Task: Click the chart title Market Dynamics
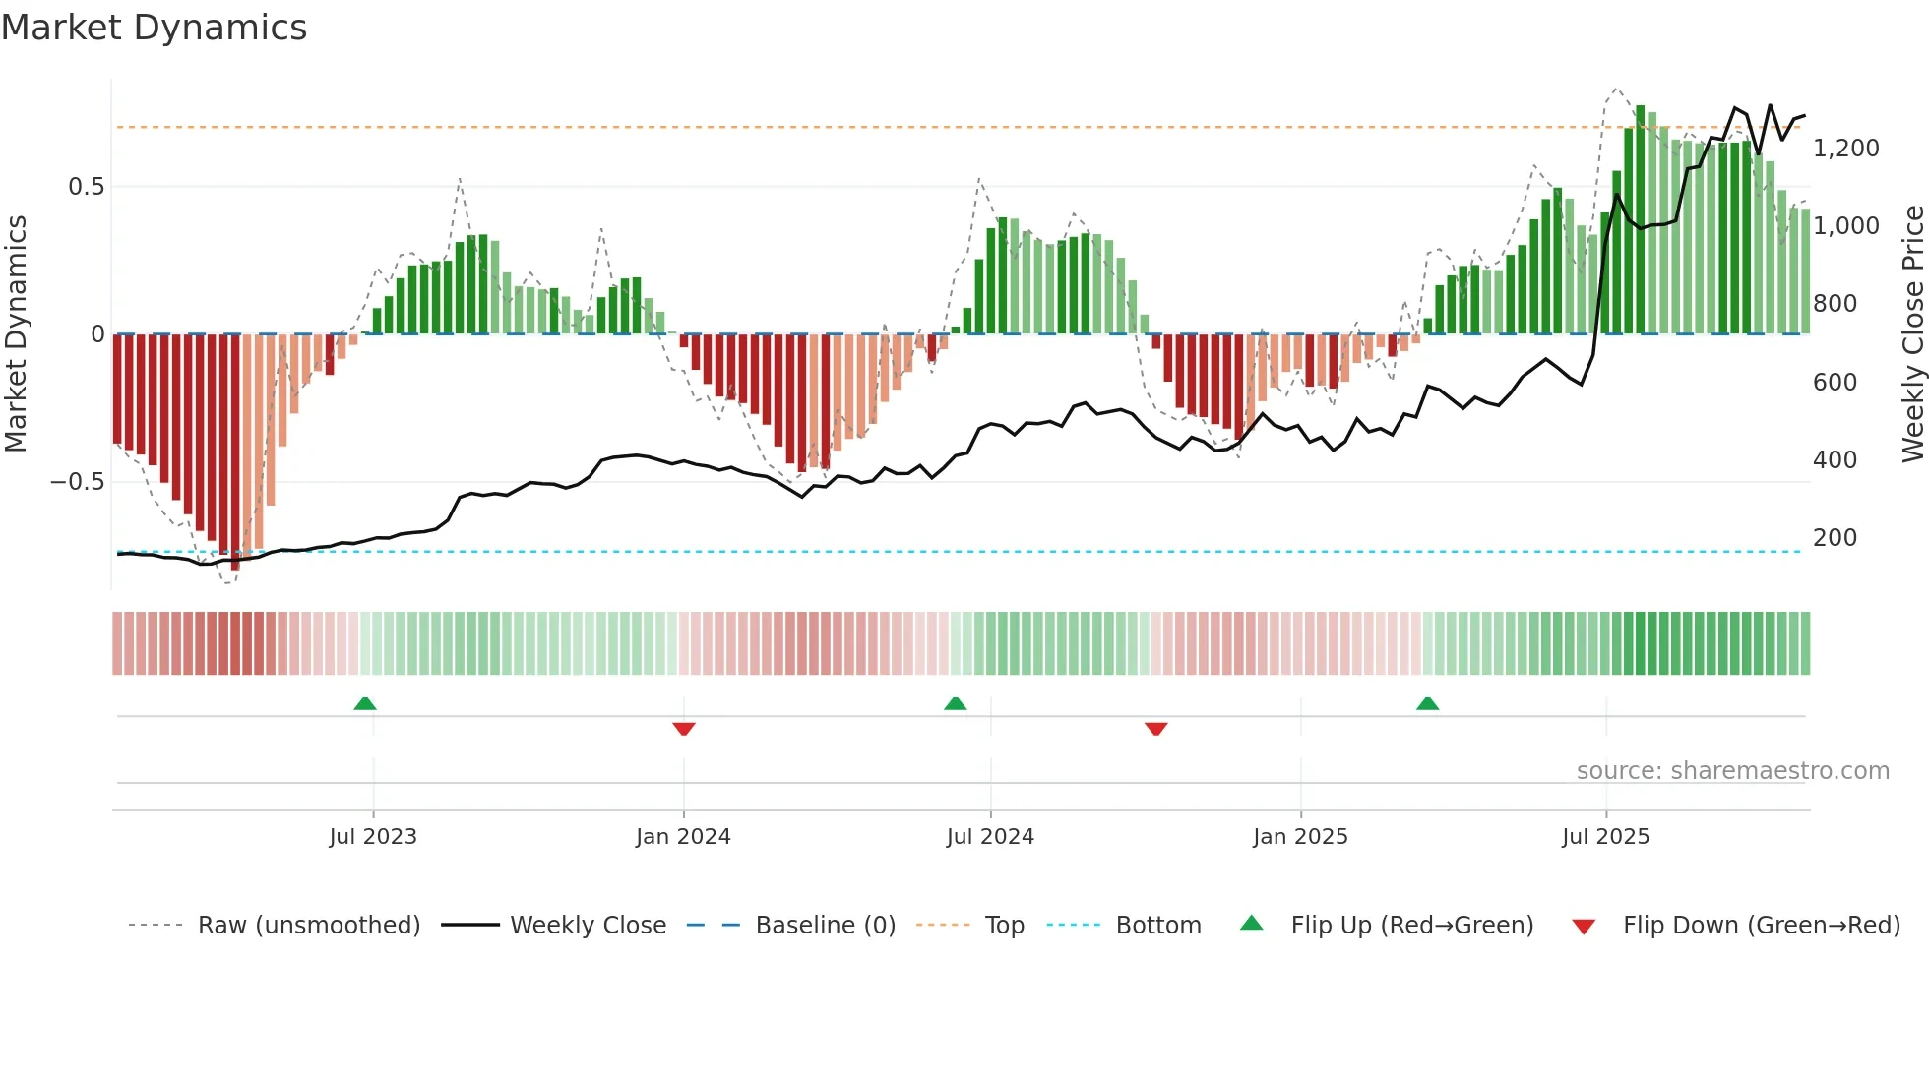click(x=154, y=28)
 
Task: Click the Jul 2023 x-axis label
click(x=373, y=837)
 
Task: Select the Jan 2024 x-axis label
click(x=683, y=837)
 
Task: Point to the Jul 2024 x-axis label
click(x=990, y=837)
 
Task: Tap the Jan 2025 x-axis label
click(x=1300, y=837)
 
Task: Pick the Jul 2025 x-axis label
click(x=1605, y=837)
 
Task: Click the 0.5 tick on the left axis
click(x=86, y=187)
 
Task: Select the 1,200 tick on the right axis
click(x=1845, y=149)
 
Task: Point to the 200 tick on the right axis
click(x=1835, y=538)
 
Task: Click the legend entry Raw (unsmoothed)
click(x=308, y=926)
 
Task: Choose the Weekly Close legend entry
click(x=588, y=926)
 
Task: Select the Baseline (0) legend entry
click(x=825, y=926)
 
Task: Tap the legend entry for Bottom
click(x=1157, y=926)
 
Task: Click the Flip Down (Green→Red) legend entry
click(x=1761, y=926)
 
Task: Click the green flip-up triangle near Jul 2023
click(x=365, y=703)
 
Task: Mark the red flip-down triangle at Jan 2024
click(x=684, y=729)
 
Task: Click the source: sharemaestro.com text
click(x=1732, y=771)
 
